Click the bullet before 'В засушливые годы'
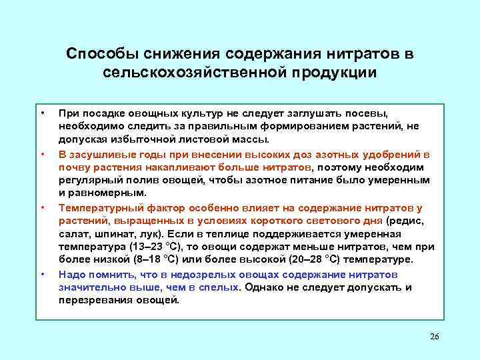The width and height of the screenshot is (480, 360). (42, 153)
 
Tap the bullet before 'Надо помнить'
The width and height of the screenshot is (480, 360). (42, 274)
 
